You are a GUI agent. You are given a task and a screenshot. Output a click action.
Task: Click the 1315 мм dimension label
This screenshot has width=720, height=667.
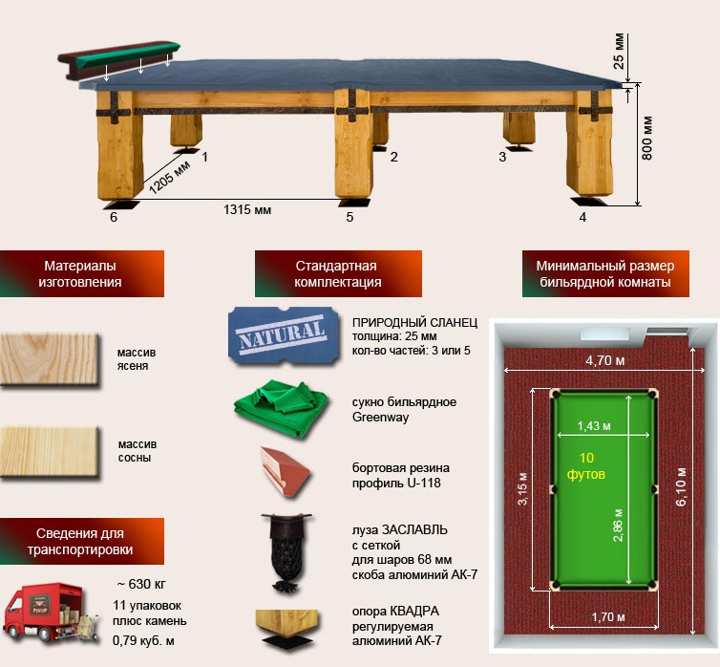tap(247, 210)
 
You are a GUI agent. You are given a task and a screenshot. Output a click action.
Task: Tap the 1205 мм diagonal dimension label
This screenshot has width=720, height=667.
tap(169, 177)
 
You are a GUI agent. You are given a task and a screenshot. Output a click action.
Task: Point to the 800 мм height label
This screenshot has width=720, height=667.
tap(646, 139)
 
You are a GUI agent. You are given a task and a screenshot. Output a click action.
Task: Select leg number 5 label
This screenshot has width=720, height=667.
tap(349, 217)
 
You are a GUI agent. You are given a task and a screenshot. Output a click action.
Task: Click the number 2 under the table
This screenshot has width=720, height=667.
tap(394, 157)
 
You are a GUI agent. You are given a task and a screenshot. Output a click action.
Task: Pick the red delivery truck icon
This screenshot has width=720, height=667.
tap(51, 613)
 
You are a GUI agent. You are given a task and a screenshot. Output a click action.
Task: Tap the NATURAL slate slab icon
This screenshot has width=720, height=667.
tap(284, 336)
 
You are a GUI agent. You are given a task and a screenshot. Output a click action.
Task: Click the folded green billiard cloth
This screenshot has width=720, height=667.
tap(282, 407)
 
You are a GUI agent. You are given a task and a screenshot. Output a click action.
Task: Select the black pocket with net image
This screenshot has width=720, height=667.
tap(286, 551)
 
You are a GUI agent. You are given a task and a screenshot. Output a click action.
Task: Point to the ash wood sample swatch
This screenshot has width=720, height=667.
tap(50, 358)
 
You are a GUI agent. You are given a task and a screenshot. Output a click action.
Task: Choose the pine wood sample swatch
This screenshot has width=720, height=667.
tap(50, 452)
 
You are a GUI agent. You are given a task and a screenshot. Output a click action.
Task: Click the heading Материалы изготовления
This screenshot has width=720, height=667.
tap(80, 274)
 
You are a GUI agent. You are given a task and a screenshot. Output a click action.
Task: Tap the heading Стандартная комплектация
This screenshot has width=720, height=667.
tap(337, 274)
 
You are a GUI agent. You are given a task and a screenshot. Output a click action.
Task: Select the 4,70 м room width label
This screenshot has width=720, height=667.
tap(605, 361)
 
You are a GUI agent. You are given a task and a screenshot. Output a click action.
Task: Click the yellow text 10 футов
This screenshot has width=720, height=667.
tap(586, 465)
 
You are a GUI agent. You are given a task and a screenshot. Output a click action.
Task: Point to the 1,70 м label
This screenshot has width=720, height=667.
tap(608, 617)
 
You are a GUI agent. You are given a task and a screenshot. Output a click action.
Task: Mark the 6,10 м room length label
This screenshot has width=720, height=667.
tap(681, 487)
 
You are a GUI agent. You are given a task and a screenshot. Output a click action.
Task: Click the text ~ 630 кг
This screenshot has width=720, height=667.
tap(141, 584)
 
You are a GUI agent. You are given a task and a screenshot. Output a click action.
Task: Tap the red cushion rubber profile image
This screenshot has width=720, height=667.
tap(286, 472)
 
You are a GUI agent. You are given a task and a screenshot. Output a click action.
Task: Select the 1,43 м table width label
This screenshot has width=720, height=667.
tap(594, 426)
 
